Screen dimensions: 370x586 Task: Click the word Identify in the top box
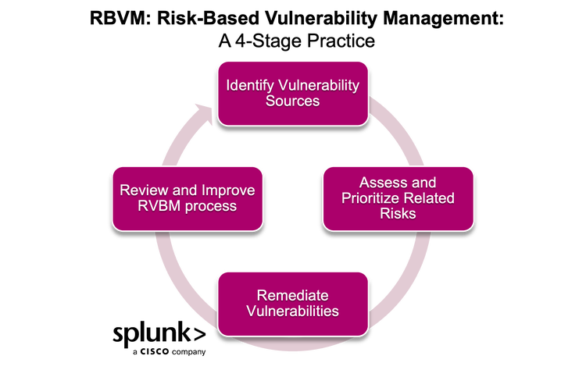click(x=247, y=85)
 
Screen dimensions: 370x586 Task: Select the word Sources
click(x=293, y=101)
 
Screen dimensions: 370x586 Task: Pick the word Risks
click(x=398, y=214)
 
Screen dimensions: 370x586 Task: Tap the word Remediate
click(x=293, y=295)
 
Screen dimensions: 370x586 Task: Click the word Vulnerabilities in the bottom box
click(x=293, y=311)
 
